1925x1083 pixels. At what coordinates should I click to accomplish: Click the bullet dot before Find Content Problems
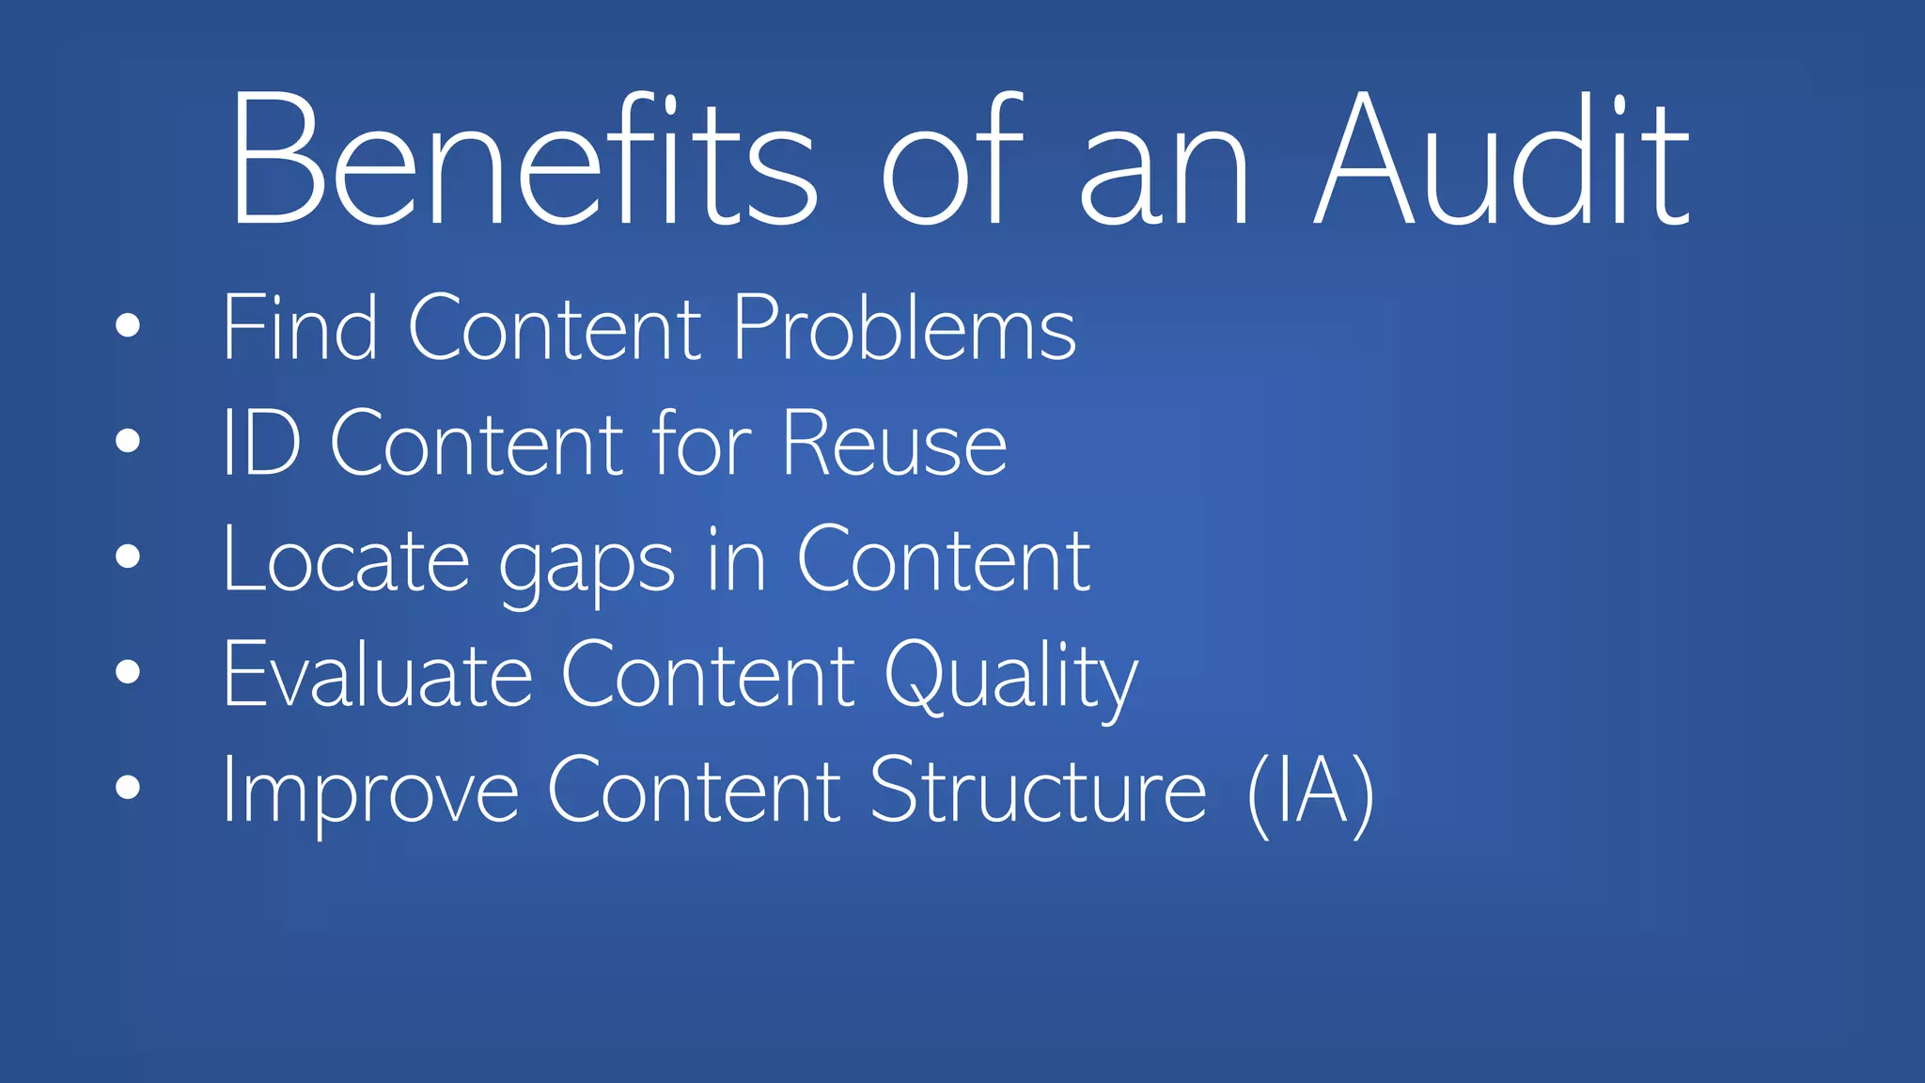pyautogui.click(x=128, y=326)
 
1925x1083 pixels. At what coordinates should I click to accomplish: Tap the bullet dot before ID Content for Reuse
pyautogui.click(x=128, y=441)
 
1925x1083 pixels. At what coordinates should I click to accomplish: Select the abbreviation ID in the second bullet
pyautogui.click(x=261, y=443)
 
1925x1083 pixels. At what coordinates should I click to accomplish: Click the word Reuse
pyautogui.click(x=894, y=443)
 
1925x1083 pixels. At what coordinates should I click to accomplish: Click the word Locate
pyautogui.click(x=346, y=559)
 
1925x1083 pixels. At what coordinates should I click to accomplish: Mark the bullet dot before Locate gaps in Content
pyautogui.click(x=128, y=557)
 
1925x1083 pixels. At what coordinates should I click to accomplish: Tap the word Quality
pyautogui.click(x=1010, y=678)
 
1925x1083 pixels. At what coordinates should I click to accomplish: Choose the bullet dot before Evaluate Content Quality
pyautogui.click(x=128, y=671)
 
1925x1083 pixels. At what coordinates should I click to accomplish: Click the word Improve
pyautogui.click(x=370, y=793)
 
